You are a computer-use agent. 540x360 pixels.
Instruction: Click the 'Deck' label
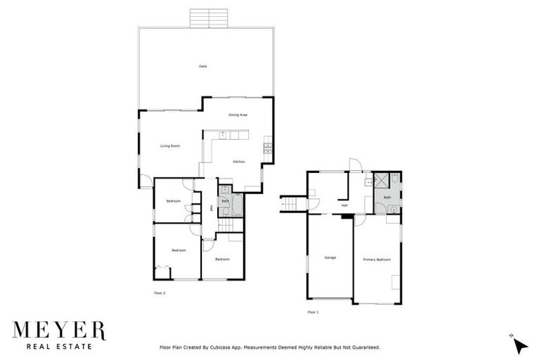point(202,66)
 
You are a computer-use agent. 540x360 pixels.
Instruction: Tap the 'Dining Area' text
point(238,115)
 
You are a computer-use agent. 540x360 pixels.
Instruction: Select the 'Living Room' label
point(170,146)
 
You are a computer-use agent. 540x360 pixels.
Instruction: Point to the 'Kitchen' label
point(239,162)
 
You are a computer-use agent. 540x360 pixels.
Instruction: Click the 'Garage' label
point(330,257)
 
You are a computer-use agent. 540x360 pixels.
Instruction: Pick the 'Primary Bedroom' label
point(376,259)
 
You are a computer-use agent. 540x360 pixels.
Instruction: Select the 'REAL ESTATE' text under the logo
point(59,346)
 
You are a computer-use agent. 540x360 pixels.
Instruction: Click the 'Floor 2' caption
point(159,292)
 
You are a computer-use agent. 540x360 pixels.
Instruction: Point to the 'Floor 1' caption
point(313,311)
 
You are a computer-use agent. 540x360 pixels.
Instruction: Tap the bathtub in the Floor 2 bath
point(236,206)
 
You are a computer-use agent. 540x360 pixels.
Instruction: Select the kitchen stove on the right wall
point(267,147)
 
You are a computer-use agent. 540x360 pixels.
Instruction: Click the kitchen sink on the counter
point(224,134)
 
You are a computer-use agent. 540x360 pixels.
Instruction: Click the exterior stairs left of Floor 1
point(290,204)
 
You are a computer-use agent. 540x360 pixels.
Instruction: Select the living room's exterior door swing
point(144,183)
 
